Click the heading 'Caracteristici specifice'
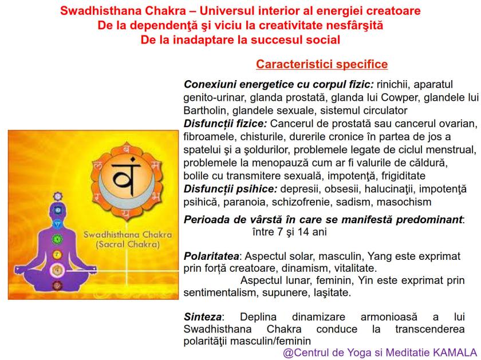coord(322,64)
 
